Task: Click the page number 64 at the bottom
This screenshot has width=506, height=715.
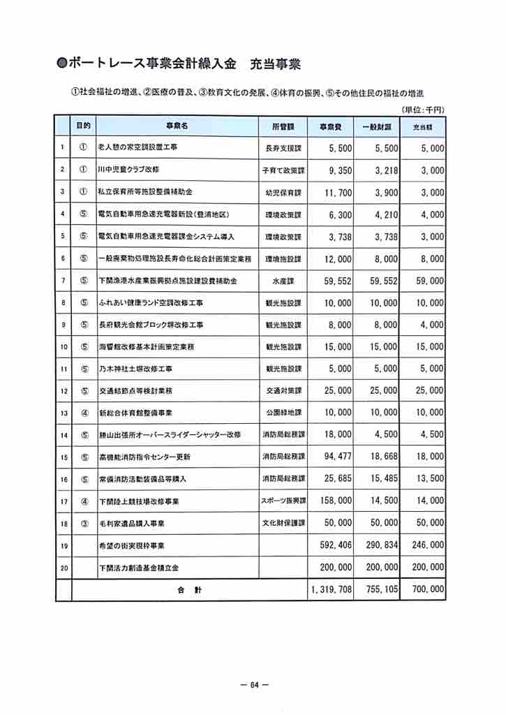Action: [x=253, y=685]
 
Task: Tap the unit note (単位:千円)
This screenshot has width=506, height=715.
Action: [x=424, y=110]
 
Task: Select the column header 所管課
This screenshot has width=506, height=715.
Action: [x=283, y=126]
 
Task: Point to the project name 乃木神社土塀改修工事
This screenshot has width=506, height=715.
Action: [x=135, y=369]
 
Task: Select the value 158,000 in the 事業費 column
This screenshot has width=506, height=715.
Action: [x=332, y=501]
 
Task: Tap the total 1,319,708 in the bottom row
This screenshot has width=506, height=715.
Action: [x=331, y=589]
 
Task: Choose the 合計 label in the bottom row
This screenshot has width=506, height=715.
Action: [x=188, y=590]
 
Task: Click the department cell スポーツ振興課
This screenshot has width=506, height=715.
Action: [x=283, y=501]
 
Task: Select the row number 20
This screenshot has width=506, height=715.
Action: [x=64, y=568]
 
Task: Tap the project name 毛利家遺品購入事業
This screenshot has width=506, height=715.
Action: [x=131, y=523]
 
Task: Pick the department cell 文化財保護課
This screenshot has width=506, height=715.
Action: [x=283, y=523]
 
